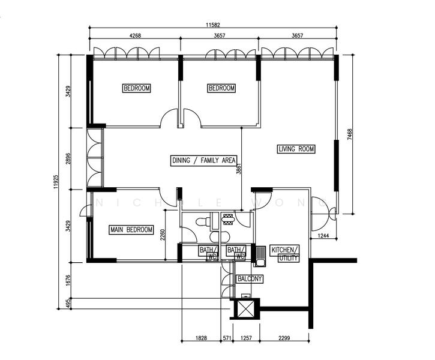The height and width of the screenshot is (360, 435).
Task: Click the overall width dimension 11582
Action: (x=213, y=24)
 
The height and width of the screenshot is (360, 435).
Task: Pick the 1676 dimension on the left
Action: (x=69, y=280)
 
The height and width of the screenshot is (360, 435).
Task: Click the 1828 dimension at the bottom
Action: (x=201, y=338)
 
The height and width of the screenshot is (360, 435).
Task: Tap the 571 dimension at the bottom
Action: (x=227, y=338)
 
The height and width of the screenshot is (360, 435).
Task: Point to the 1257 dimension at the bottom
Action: (x=247, y=338)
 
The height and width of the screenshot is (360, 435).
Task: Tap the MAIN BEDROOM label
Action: (x=131, y=230)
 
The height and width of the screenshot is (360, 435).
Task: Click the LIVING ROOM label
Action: (x=296, y=149)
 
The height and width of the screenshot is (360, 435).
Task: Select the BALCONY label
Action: (x=250, y=279)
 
